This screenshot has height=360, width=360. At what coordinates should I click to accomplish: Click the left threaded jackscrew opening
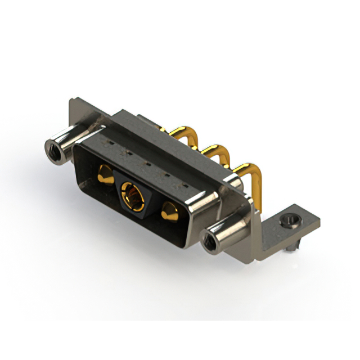coord(53,150)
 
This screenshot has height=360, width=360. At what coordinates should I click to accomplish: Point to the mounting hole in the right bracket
coord(291,220)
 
